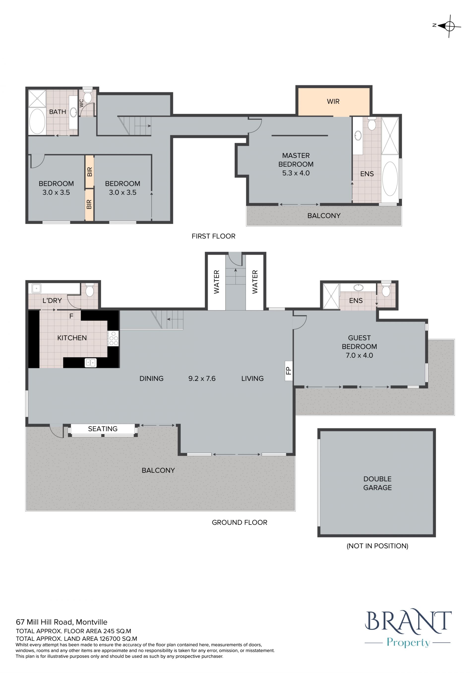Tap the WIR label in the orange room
[333, 101]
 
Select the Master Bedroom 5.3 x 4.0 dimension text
[296, 173]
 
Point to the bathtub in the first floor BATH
[37, 121]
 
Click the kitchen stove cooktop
[113, 338]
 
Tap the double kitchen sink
[90, 363]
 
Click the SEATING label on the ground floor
[103, 429]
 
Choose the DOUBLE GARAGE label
[377, 483]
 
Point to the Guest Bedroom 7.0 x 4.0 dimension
[359, 355]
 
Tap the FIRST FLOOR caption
[213, 236]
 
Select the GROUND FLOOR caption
[239, 522]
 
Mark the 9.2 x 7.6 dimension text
[202, 379]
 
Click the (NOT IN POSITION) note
[378, 546]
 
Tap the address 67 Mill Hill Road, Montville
[61, 622]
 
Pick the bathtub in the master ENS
[390, 178]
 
